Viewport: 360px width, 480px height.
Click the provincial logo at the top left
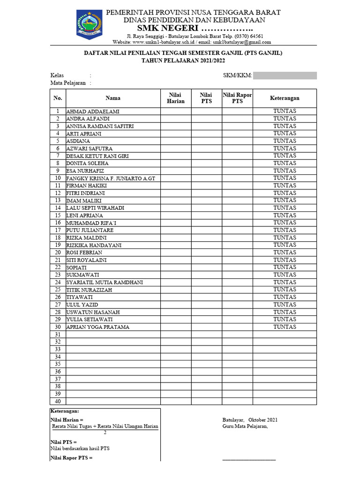coord(88,24)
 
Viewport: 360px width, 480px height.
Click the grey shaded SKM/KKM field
coord(285,75)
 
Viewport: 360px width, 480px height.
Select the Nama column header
coord(112,98)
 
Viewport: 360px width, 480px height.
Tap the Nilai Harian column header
coord(176,98)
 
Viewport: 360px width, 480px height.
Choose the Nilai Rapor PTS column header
coord(237,98)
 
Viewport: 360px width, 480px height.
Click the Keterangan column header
coord(285,98)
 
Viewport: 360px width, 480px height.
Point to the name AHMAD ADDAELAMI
coord(93,112)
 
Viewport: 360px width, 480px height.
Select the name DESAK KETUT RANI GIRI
coord(97,156)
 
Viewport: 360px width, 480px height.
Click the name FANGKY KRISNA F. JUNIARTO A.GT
coord(109,178)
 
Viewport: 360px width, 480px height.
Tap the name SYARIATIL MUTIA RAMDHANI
coord(105,282)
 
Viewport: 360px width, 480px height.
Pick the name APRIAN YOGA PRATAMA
coord(98,327)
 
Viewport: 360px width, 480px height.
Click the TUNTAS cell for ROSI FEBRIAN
coord(285,252)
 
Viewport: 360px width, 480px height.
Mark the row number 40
coord(58,401)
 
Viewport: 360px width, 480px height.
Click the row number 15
coord(58,215)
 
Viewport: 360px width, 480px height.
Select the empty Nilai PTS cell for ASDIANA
coord(206,141)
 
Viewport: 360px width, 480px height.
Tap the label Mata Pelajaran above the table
coord(68,83)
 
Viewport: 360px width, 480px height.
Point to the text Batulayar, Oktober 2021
coord(250,420)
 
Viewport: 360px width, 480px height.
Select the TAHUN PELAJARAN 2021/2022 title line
coord(183,61)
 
